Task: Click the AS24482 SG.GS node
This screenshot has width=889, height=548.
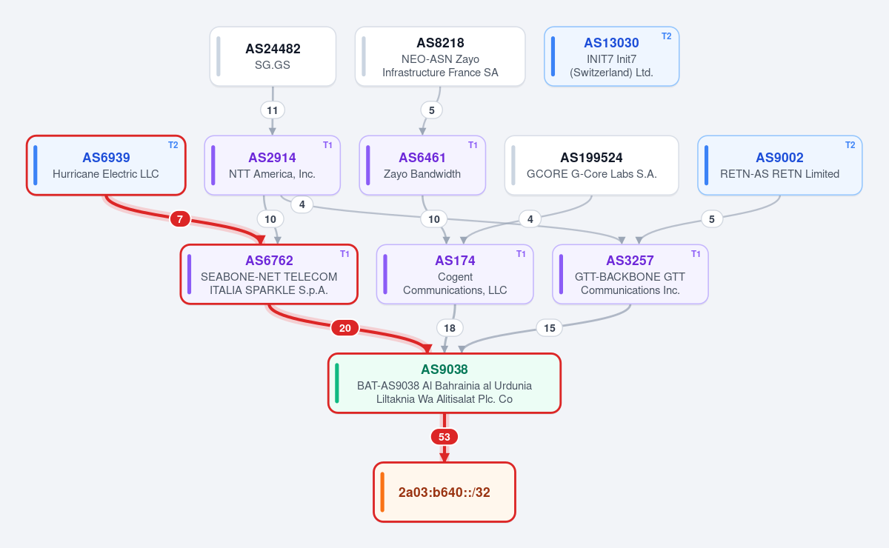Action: (x=273, y=56)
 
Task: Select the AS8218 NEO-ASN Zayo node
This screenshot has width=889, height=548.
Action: (x=440, y=56)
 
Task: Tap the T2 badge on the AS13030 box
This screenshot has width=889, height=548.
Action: (x=666, y=36)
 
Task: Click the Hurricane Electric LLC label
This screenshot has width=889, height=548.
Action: (x=105, y=174)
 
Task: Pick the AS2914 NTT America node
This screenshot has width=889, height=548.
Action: (x=273, y=165)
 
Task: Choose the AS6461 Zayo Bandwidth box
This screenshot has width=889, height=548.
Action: (x=422, y=165)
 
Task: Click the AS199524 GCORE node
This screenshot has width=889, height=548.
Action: (x=591, y=165)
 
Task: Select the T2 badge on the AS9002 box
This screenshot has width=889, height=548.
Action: (x=850, y=145)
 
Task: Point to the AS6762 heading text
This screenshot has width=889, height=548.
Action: (x=269, y=261)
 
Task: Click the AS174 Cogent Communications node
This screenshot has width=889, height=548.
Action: (x=455, y=274)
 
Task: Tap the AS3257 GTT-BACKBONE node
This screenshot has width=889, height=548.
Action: (x=630, y=274)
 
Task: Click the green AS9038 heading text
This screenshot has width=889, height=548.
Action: (x=444, y=369)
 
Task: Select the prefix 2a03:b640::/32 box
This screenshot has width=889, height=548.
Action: (x=444, y=492)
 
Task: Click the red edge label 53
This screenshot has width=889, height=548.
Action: (x=444, y=437)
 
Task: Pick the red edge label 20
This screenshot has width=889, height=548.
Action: (x=345, y=328)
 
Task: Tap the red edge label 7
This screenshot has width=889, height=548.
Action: (x=180, y=219)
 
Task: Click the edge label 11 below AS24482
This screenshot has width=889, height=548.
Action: (x=273, y=110)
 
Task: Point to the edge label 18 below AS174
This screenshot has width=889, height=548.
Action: (x=449, y=328)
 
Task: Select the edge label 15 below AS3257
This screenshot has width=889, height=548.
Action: (x=549, y=328)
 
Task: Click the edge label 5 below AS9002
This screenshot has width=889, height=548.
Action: (x=712, y=219)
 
